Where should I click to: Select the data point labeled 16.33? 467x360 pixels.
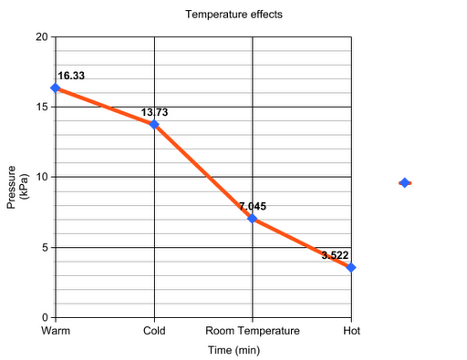[56, 87]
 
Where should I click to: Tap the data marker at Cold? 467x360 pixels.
[154, 124]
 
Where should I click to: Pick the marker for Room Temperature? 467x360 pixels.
[252, 218]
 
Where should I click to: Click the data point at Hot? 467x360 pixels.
[350, 267]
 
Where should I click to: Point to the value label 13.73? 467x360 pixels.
[154, 112]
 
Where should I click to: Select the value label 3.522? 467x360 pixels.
[335, 255]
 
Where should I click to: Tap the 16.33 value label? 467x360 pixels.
[71, 76]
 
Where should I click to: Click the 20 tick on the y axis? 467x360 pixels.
[41, 36]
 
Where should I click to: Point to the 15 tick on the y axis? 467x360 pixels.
[41, 107]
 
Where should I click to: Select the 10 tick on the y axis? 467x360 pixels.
[41, 177]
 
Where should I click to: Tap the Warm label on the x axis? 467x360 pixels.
[56, 330]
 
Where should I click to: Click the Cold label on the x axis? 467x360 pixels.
[154, 330]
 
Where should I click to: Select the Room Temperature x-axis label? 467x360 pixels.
[252, 330]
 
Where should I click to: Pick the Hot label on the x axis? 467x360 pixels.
[350, 330]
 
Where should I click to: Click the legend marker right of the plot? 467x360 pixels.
[404, 182]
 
